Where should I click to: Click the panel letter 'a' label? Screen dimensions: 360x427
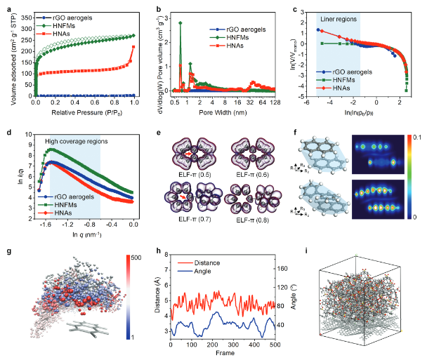6,6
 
